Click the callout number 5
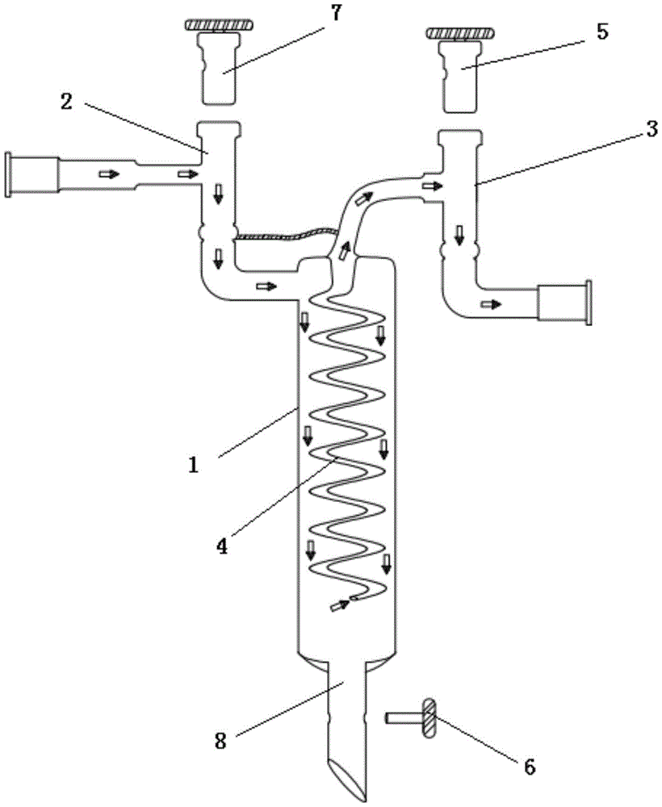point(601,31)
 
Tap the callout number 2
point(66,102)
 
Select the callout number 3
point(652,128)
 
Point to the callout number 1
point(193,466)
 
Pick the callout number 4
point(221,546)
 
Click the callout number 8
point(220,741)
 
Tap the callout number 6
point(530,767)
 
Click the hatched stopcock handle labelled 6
point(429,717)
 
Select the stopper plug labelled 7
point(219,68)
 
